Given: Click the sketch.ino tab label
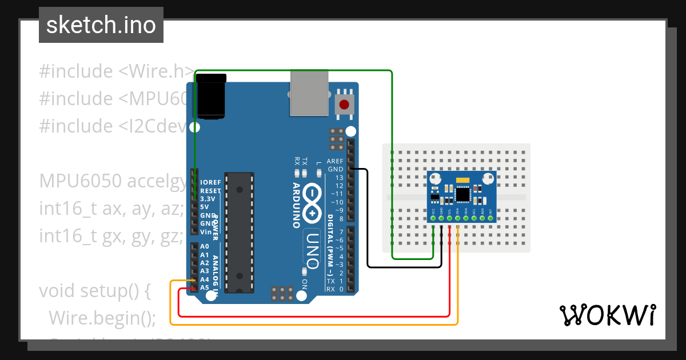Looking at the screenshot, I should (101, 25).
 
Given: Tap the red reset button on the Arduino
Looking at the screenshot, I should (344, 105).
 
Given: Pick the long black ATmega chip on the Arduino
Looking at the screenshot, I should (238, 231).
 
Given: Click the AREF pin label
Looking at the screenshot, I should (335, 161).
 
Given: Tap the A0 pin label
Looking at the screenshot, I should (205, 246).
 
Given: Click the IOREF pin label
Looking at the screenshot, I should (210, 182).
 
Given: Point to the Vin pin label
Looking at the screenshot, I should (206, 232).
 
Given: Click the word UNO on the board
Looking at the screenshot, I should (312, 250).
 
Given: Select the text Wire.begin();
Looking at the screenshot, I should (102, 317).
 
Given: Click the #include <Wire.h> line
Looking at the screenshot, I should (117, 71).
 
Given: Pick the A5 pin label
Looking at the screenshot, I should (205, 287).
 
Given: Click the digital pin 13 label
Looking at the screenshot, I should (340, 178).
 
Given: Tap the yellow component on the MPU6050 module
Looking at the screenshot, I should (462, 181).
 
